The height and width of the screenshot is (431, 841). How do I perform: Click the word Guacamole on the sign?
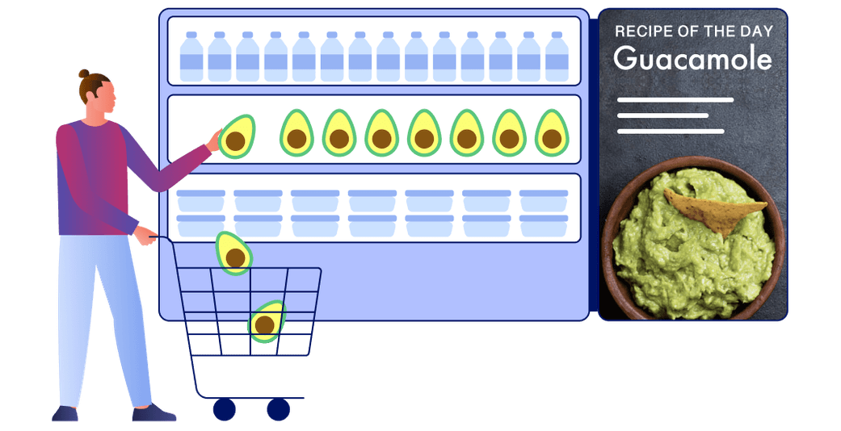692,58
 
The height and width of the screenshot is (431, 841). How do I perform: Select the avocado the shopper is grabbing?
237,137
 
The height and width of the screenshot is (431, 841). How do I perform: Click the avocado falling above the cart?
233,253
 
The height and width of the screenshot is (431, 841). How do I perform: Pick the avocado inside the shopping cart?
266,322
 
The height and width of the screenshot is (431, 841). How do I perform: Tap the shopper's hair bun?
84,73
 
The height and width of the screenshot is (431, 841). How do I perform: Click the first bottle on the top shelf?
191,56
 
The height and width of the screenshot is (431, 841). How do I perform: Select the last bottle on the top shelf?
557,56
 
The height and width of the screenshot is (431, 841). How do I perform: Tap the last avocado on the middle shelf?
552,133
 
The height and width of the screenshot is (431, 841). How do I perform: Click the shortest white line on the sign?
662,115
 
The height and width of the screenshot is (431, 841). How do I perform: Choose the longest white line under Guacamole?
675,100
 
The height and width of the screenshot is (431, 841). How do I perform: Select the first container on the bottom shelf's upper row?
200,200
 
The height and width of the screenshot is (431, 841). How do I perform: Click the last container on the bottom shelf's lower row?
544,226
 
